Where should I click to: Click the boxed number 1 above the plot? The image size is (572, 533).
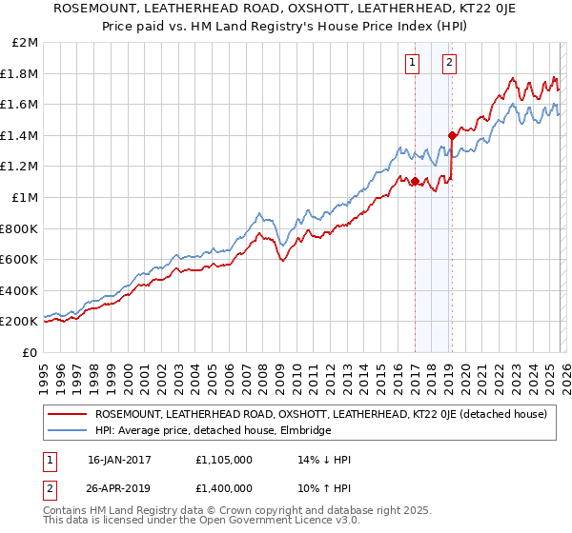pyautogui.click(x=413, y=64)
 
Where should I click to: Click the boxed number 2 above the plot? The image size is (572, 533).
pyautogui.click(x=448, y=64)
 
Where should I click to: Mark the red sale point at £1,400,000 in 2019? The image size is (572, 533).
pyautogui.click(x=452, y=135)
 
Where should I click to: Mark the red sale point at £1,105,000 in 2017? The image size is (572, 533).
pyautogui.click(x=415, y=181)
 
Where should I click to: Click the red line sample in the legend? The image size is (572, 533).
pyautogui.click(x=67, y=414)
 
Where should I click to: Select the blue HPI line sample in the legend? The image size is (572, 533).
pyautogui.click(x=67, y=430)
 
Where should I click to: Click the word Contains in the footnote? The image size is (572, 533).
pyautogui.click(x=67, y=512)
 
